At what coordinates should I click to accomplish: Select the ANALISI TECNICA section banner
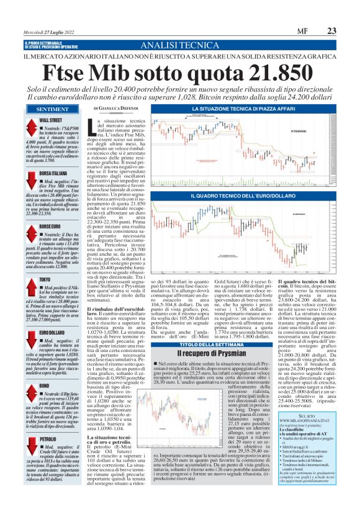179,47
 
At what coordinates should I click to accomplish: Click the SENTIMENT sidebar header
34,109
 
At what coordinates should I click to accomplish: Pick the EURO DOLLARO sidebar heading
55,333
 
